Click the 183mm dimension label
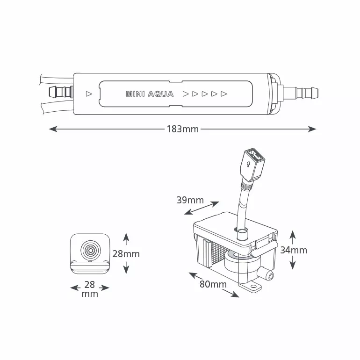pos(182,129)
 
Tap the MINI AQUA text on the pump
pos(150,94)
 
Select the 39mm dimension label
pos(190,200)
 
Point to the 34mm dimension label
pos(294,250)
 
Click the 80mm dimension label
pos(213,284)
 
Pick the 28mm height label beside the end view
pos(126,254)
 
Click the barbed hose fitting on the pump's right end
pos(301,92)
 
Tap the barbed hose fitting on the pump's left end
pos(61,92)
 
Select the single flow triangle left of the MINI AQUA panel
pos(89,94)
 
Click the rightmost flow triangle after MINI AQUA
pos(223,94)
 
